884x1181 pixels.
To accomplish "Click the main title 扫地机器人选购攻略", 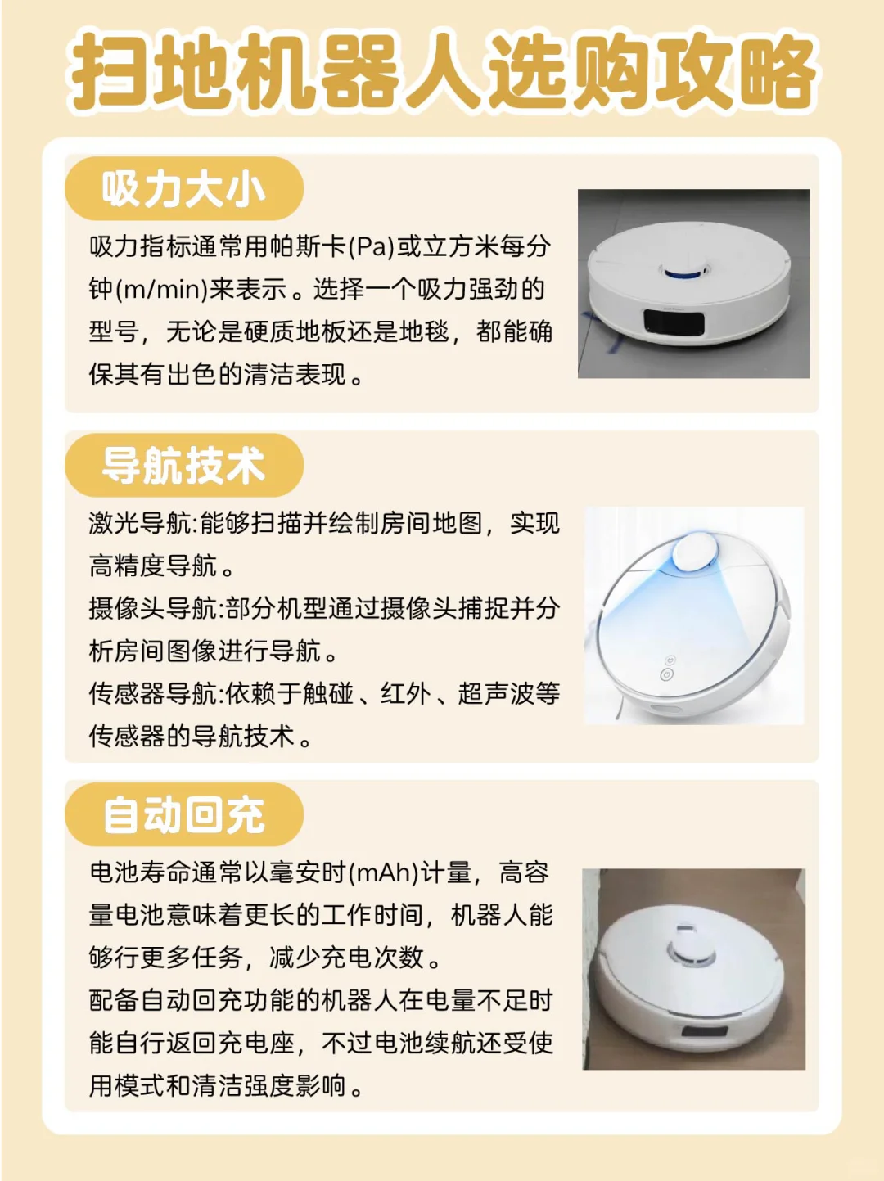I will (442, 72).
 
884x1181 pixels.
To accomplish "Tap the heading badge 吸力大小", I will (183, 189).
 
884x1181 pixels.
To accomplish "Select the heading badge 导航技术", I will (183, 466).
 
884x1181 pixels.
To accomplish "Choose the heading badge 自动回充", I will (183, 815).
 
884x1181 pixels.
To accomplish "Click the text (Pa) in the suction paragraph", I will (372, 246).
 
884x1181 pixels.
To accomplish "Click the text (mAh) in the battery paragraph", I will (384, 872).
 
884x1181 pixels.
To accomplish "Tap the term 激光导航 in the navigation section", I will (140, 523).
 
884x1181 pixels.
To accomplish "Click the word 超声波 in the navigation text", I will (496, 693).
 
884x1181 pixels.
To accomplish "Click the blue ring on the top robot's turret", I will (686, 274).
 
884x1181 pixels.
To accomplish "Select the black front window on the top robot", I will (673, 322).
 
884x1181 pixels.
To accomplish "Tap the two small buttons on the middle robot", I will (668, 667).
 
